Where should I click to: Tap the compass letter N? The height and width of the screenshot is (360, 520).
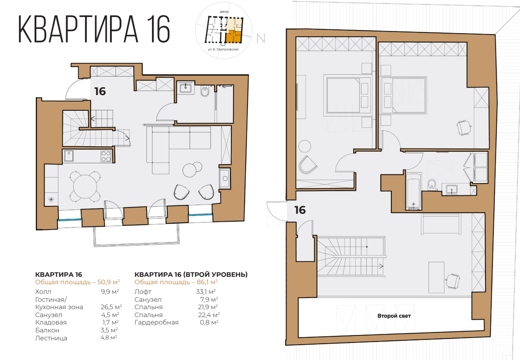point(261,38)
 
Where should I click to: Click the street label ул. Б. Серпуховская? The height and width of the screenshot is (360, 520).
point(223,50)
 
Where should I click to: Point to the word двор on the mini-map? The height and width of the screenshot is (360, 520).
point(224,10)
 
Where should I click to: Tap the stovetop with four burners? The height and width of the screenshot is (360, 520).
point(106,156)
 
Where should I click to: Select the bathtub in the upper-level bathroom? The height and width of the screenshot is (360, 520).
point(414,191)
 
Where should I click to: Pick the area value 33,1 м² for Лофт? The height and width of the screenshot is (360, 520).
point(206,291)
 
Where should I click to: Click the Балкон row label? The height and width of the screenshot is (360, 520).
point(47,330)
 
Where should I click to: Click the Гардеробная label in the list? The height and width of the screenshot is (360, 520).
point(156,322)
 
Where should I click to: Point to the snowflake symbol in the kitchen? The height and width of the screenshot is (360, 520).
point(52,200)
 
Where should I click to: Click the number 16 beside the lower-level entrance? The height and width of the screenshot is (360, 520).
point(100,91)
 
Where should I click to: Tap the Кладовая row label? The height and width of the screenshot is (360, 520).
point(51,322)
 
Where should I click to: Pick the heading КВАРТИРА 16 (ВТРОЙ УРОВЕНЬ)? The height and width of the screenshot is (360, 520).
point(191,275)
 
